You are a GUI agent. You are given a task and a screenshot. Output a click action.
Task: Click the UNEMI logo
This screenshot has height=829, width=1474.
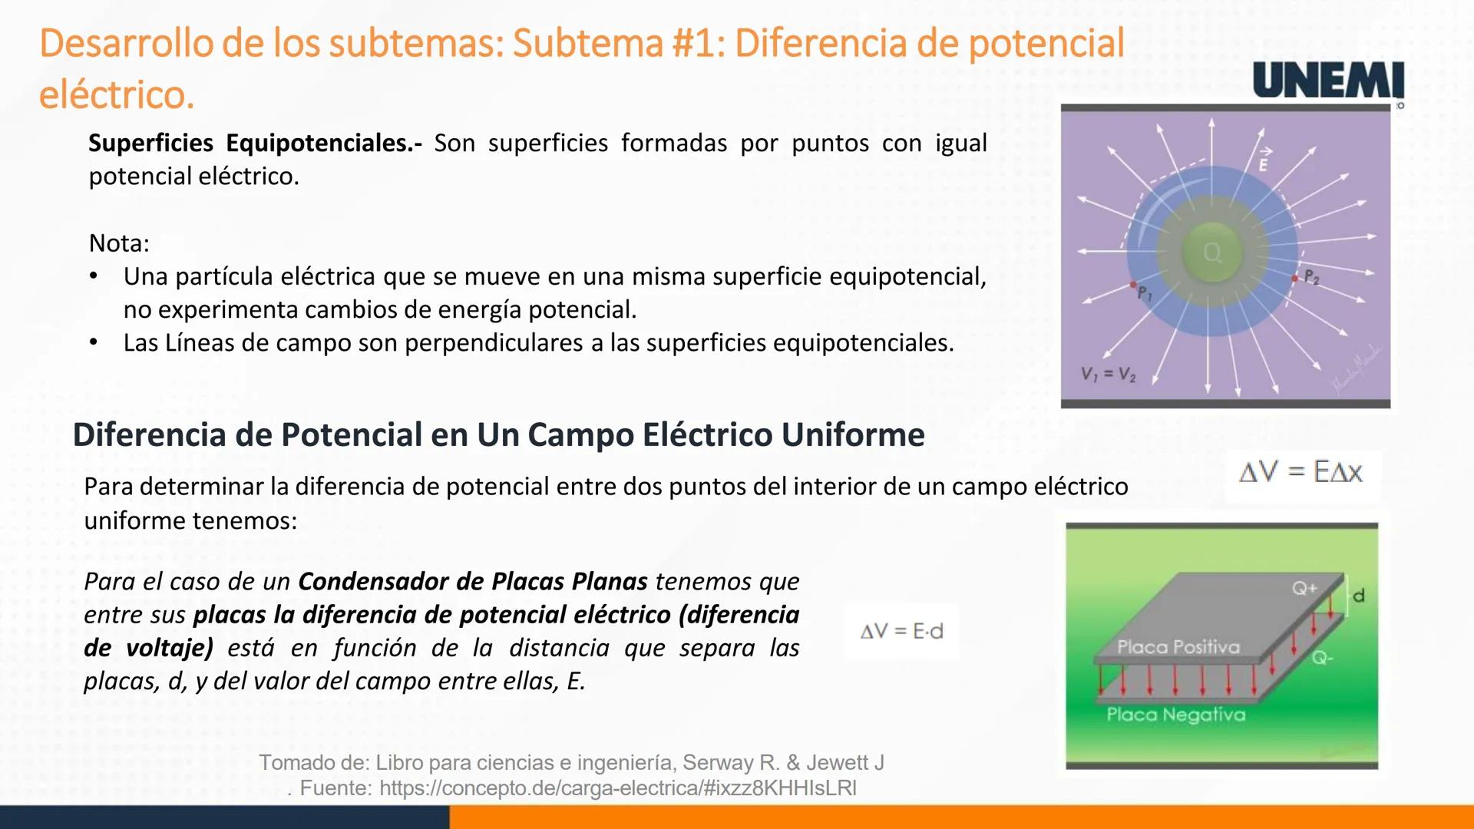1328,81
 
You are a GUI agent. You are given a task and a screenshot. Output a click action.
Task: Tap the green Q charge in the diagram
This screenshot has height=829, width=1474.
1212,253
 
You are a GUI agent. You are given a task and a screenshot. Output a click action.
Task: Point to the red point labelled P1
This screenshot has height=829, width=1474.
1133,285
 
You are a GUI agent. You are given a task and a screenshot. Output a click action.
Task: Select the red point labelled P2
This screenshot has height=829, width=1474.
1295,278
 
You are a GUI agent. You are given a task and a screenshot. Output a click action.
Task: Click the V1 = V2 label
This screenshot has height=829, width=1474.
1108,374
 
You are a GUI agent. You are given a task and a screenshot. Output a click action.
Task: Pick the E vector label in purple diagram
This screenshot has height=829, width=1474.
1264,160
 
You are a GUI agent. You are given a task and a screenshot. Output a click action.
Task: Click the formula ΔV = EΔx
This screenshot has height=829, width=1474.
1301,472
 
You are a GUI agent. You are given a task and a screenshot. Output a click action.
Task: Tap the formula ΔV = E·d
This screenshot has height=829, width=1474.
902,631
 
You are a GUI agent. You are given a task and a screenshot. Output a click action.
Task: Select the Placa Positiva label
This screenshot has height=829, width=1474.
1178,647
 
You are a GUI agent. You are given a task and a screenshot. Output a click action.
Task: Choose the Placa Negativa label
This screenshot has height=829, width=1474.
1175,715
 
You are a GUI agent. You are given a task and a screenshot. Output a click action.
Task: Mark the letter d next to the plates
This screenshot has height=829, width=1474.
1358,595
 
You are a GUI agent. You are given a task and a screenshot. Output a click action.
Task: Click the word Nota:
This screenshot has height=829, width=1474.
119,243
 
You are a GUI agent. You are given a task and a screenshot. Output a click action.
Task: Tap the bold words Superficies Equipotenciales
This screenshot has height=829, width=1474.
255,144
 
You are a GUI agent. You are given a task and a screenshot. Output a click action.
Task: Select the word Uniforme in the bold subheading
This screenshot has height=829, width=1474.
853,434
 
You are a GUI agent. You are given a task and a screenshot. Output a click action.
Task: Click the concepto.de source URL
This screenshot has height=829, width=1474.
618,788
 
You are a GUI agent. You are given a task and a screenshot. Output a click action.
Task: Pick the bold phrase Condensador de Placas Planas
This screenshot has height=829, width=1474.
473,581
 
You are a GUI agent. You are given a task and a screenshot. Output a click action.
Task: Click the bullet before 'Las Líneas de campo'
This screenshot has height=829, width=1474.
94,342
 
